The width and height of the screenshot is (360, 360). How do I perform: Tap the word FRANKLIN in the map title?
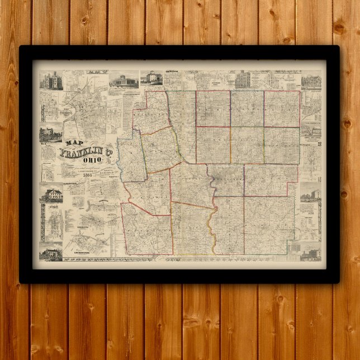(82, 152)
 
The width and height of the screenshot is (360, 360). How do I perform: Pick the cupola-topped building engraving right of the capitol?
(151, 78)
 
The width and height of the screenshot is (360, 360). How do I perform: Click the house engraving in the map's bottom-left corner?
(51, 253)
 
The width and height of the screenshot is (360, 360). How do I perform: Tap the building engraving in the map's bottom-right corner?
(310, 254)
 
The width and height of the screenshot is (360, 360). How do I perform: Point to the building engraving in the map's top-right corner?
(311, 82)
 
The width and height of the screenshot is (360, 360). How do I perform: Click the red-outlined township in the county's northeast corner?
(282, 108)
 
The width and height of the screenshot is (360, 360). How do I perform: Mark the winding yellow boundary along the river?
(211, 224)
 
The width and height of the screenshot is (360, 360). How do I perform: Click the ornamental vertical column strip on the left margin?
(42, 221)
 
